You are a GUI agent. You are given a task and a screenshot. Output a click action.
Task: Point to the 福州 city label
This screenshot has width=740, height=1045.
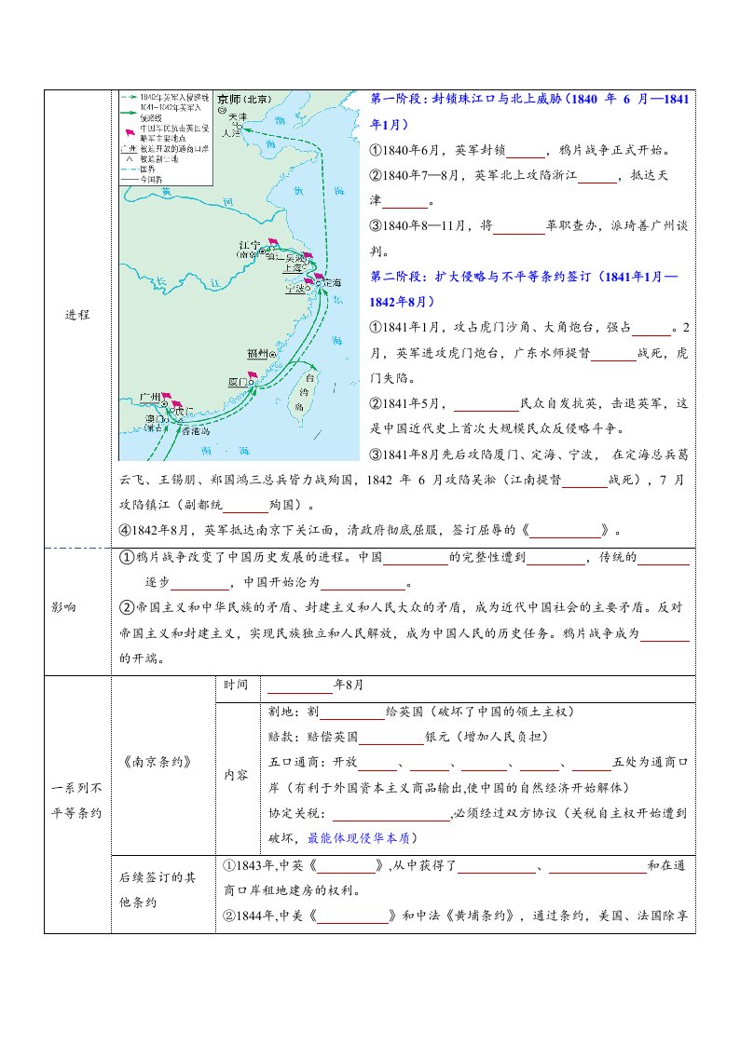point(257,353)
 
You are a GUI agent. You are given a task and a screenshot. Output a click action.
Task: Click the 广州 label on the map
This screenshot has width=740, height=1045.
point(149,397)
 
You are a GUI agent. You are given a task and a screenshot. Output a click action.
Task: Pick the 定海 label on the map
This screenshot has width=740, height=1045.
point(332,281)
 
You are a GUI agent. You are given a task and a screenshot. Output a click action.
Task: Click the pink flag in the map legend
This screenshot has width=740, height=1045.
point(129,128)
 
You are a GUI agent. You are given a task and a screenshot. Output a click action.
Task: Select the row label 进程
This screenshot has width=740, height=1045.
point(78,315)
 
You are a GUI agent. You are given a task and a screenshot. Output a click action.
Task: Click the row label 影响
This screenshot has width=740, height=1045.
point(64,607)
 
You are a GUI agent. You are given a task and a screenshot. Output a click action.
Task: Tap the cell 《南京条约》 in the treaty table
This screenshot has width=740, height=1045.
point(157,760)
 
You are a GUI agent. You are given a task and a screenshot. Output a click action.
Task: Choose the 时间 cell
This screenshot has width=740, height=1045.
point(236,685)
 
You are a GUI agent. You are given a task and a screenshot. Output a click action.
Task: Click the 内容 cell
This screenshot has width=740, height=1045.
point(236,774)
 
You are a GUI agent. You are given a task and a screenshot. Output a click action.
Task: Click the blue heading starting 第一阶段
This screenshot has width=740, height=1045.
point(528,100)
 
